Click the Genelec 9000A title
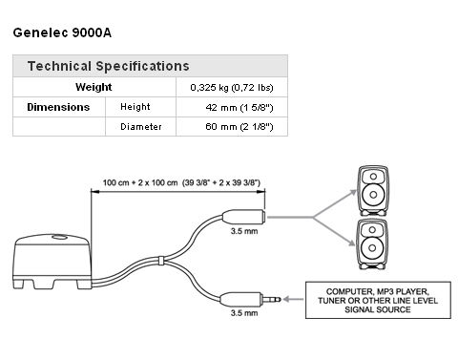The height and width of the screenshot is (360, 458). click(x=62, y=32)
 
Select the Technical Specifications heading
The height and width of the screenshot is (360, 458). click(x=109, y=66)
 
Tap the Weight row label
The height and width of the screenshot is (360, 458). click(x=94, y=87)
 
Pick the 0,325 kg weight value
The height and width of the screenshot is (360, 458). click(x=232, y=88)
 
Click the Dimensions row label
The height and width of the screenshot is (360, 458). click(x=58, y=107)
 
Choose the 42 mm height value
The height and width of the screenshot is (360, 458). click(x=239, y=108)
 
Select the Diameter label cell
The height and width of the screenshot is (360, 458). click(x=141, y=127)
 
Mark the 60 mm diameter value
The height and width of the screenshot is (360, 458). click(x=239, y=127)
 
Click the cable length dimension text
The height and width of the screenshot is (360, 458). click(x=181, y=182)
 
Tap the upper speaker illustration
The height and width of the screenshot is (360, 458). click(x=373, y=190)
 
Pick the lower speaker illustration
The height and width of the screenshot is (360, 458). click(x=372, y=244)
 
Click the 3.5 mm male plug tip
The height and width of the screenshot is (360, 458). click(x=279, y=299)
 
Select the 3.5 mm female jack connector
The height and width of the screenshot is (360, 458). click(x=243, y=217)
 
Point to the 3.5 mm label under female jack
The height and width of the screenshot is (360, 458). click(x=244, y=231)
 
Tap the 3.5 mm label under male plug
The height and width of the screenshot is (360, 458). click(x=244, y=313)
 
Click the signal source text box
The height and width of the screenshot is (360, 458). click(x=378, y=300)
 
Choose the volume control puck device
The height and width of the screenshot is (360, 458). click(x=52, y=262)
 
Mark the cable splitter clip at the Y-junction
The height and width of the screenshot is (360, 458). click(x=161, y=261)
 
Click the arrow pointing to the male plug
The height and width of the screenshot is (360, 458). click(x=293, y=299)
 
